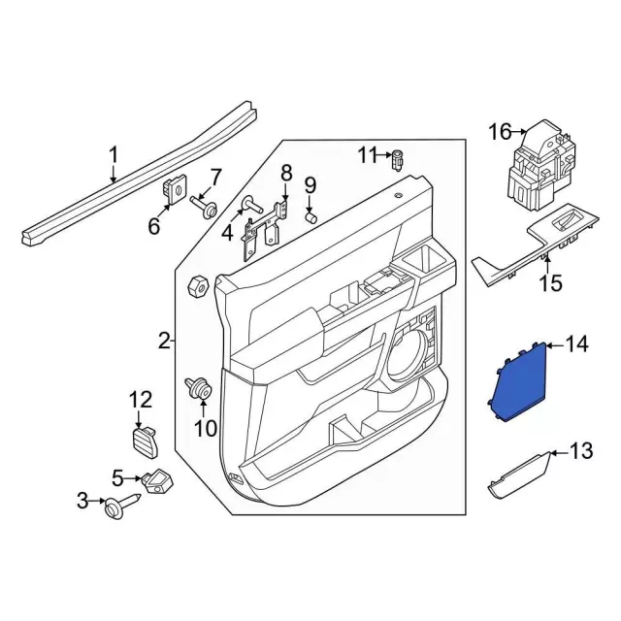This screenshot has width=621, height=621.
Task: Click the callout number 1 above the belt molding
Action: pos(113,154)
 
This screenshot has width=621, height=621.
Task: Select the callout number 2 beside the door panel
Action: pos(164,340)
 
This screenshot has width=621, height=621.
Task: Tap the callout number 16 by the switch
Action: pos(499,131)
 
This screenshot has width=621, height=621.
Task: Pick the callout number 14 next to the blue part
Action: pos(577,344)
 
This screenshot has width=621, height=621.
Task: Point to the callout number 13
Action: pos(580,450)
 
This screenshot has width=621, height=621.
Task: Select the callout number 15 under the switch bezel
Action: pos(550,283)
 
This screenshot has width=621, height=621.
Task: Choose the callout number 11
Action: pos(366,155)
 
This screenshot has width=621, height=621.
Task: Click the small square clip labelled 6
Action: pos(176,190)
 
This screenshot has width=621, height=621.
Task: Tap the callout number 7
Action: pos(215,177)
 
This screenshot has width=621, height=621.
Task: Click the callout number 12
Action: pos(141,398)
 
